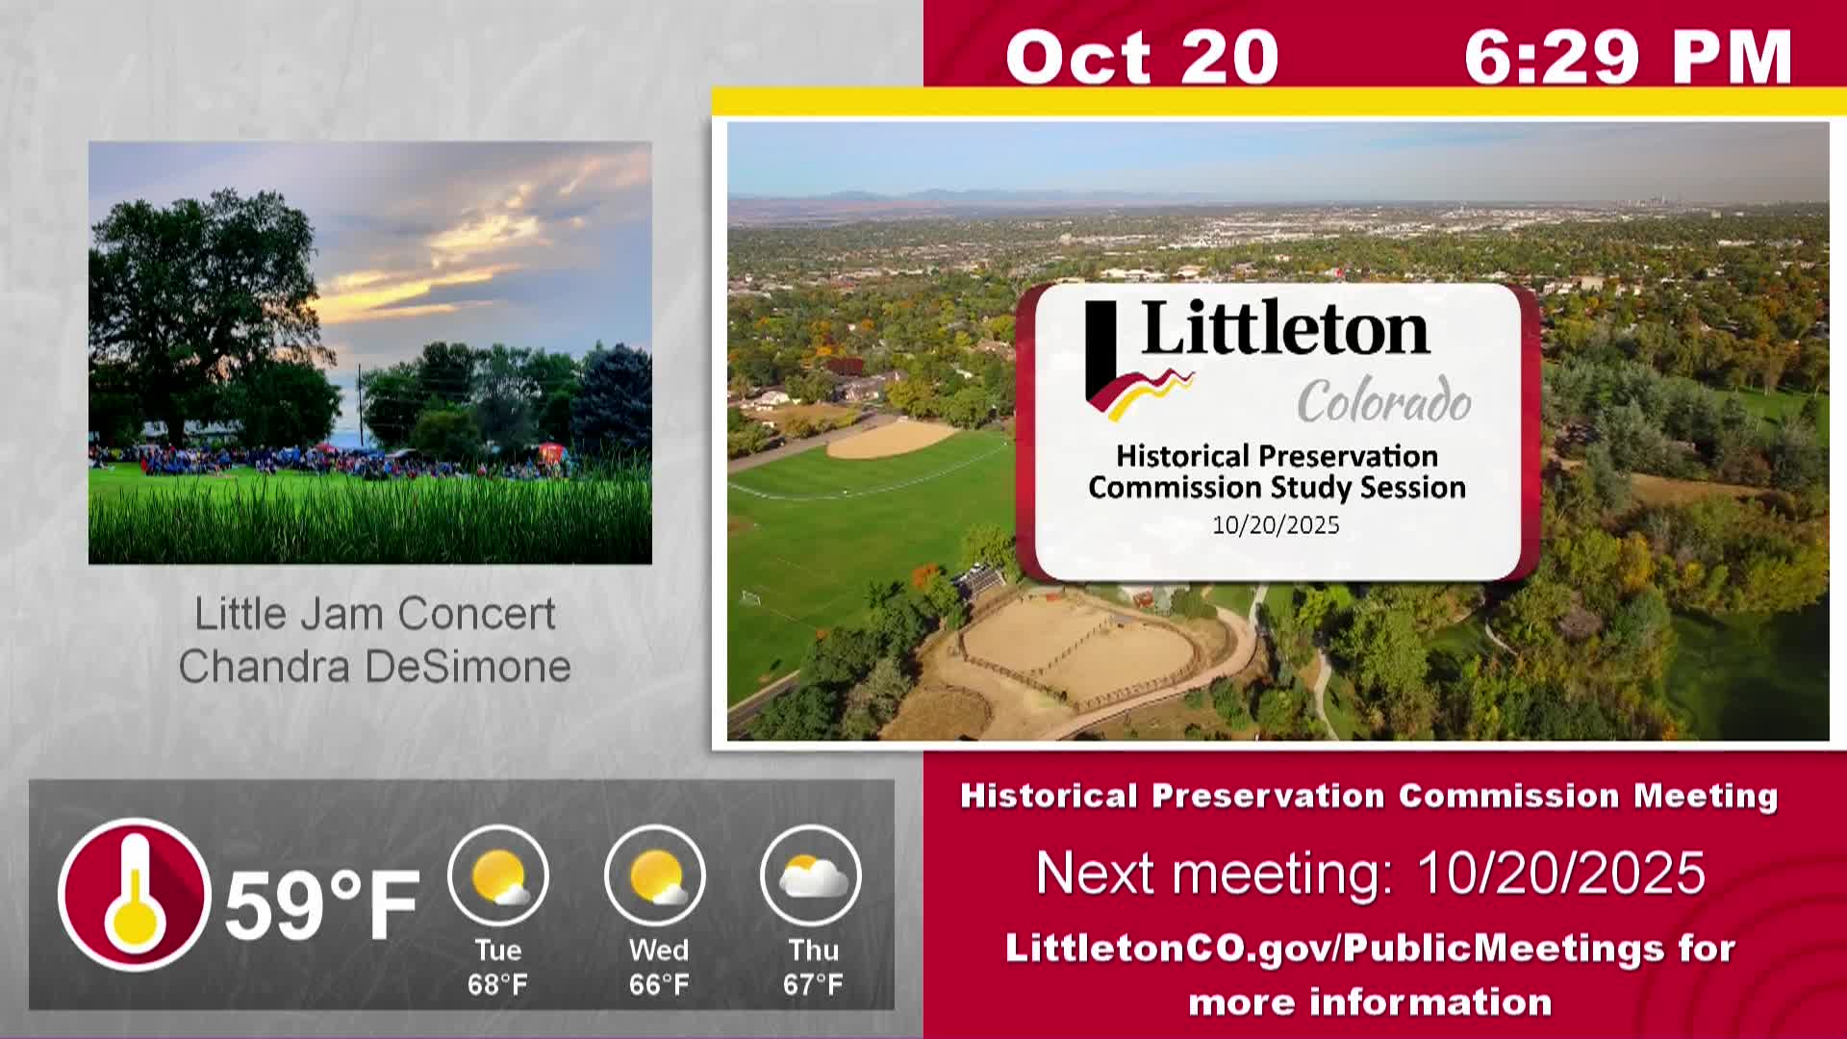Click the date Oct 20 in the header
[1142, 57]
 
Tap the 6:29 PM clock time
[1628, 57]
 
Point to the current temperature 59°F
[322, 903]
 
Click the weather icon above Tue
[498, 875]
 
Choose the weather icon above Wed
[655, 875]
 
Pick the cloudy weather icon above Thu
[811, 875]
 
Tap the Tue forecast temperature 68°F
[497, 985]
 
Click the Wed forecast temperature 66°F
[659, 985]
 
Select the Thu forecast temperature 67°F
[813, 985]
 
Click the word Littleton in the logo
[1285, 328]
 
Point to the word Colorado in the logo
[1384, 400]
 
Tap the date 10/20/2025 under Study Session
[1276, 525]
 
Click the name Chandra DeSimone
[375, 666]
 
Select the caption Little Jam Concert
[375, 614]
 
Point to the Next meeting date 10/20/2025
[1561, 874]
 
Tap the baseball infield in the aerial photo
[892, 439]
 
